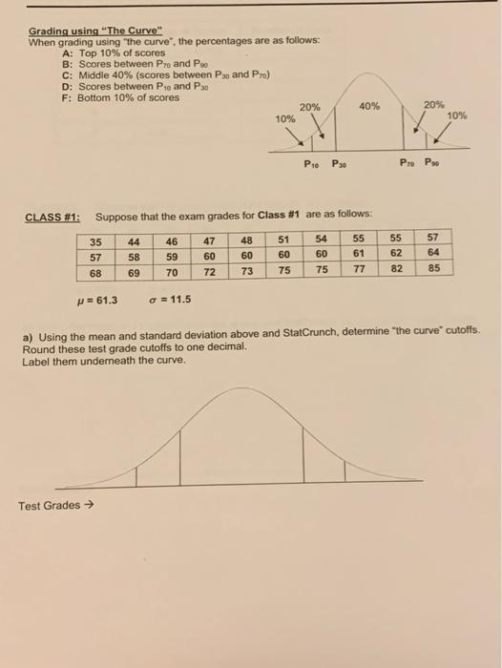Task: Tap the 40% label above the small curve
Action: point(368,106)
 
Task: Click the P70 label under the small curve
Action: point(408,162)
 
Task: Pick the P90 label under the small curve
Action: point(434,162)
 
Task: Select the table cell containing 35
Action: point(96,241)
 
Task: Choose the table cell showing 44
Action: point(136,241)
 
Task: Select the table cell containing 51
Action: point(283,241)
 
